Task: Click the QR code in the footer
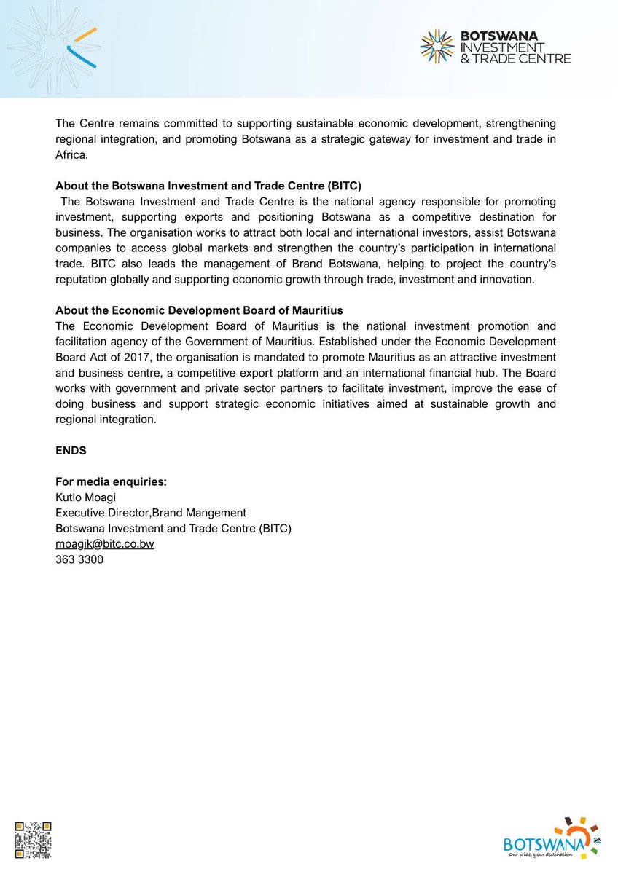34,840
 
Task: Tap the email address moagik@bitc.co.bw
104,544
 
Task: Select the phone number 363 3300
79,560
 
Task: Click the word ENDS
71,451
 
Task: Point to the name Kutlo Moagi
85,497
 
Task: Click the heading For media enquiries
111,481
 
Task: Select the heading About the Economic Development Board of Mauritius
199,310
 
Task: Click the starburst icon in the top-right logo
437,46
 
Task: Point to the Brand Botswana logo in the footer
551,838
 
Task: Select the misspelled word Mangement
219,513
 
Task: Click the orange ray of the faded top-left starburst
86,34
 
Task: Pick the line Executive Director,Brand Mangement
151,513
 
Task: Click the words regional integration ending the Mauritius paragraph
105,420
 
